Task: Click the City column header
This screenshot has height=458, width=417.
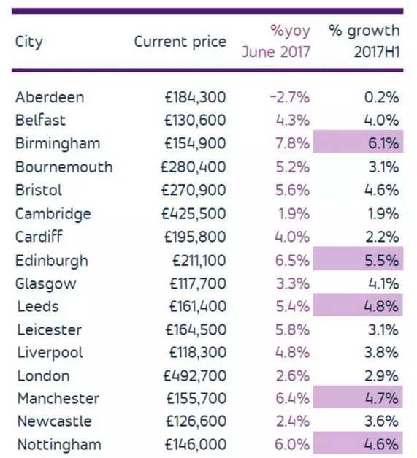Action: point(29,42)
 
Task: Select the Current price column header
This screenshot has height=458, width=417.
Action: point(180,42)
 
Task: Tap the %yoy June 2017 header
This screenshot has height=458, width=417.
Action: point(276,41)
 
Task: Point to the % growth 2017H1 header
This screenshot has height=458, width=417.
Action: point(364,41)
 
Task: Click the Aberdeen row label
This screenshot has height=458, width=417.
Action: point(50,97)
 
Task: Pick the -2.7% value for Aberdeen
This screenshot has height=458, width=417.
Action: point(290,97)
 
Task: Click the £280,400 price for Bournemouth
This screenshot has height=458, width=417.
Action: point(194,167)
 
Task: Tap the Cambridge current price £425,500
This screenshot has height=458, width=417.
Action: point(194,213)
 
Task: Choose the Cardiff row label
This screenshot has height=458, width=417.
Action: point(39,237)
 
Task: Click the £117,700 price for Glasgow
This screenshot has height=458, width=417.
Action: point(198,283)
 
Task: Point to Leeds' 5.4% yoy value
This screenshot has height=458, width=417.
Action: point(293,306)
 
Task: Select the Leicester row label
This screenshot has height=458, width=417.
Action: point(50,329)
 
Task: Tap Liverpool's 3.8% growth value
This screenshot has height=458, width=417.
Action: point(381,353)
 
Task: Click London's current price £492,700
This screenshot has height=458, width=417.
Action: point(195,375)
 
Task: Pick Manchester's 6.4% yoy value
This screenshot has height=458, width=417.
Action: point(293,398)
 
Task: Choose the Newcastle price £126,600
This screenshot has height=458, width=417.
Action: point(196,421)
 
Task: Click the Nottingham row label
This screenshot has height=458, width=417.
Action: point(59,445)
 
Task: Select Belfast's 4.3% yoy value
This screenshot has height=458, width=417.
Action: point(293,121)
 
